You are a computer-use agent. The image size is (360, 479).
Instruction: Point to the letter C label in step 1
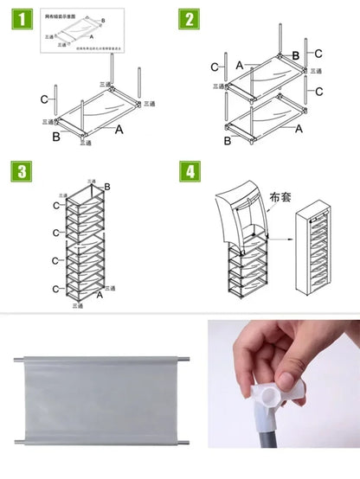(43, 99)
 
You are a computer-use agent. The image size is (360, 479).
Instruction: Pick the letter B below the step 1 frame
(56, 137)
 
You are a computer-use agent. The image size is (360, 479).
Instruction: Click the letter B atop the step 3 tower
(107, 187)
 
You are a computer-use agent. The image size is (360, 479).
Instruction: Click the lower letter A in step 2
(299, 129)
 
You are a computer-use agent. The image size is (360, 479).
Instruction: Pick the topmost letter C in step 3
(56, 205)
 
